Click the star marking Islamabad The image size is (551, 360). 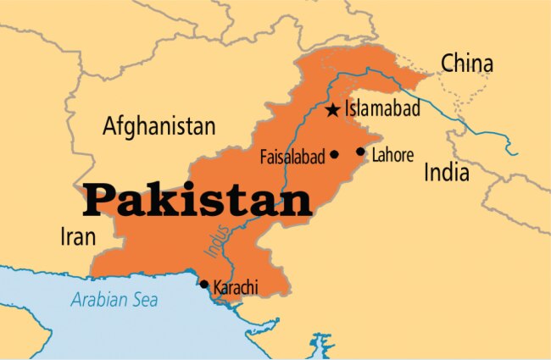(x=332, y=110)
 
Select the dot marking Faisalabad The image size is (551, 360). (x=334, y=154)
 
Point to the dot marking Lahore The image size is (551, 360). (x=360, y=152)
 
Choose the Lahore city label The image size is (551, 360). (x=392, y=155)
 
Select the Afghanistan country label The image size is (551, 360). (x=159, y=127)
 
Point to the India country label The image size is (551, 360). (x=447, y=174)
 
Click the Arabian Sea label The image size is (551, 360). (x=114, y=299)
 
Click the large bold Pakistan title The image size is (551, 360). (x=198, y=200)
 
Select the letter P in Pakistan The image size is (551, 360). (x=100, y=200)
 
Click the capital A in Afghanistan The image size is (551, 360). (x=111, y=127)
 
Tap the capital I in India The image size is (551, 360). (x=426, y=174)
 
